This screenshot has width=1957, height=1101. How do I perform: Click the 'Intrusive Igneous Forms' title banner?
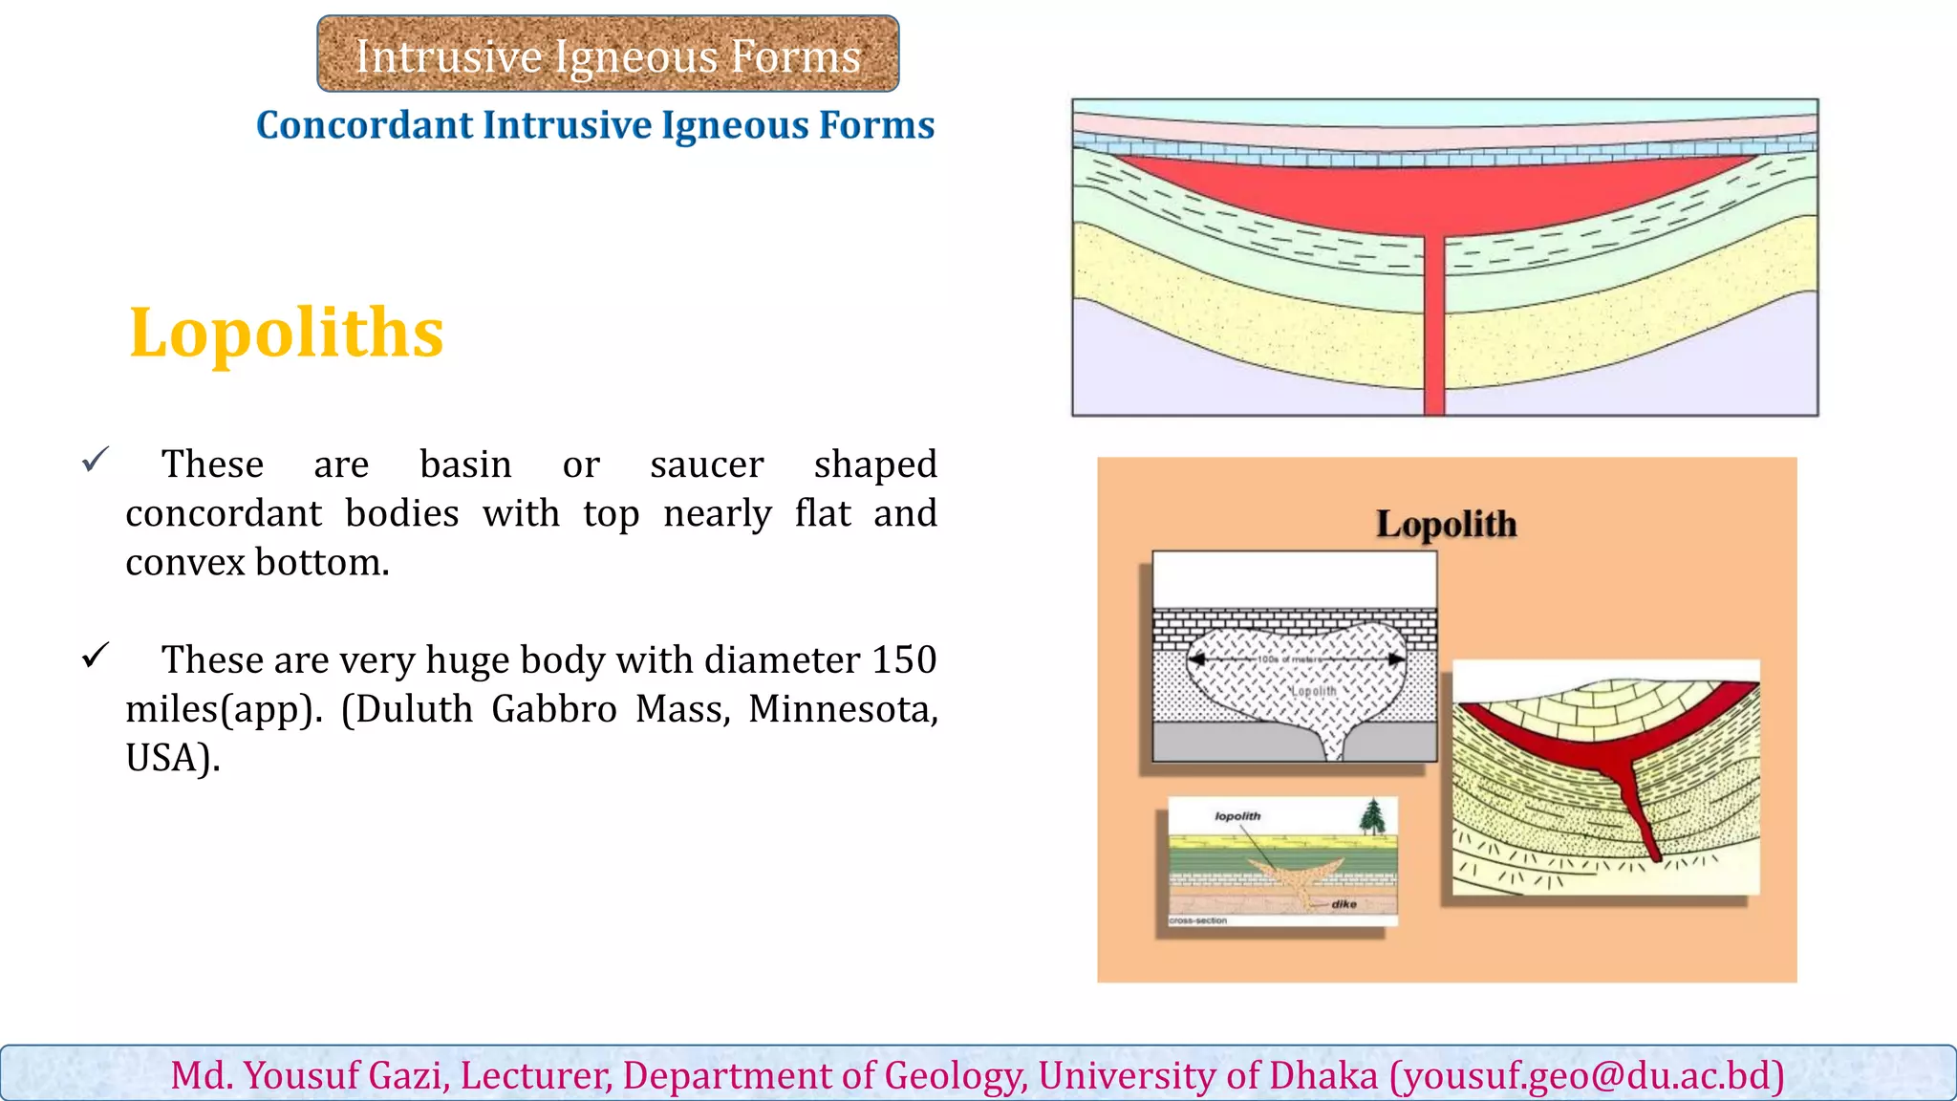608,54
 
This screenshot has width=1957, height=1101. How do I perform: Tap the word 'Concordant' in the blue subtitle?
365,125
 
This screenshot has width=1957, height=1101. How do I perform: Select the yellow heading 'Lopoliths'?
287,333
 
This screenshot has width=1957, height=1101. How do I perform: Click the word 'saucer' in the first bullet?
706,464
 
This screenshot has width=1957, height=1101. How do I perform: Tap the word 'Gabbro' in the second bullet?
554,709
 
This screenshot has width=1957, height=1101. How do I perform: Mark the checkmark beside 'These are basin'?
96,460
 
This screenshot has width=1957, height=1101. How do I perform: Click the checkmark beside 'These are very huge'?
96,656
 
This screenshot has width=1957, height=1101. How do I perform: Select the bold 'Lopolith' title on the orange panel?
1446,524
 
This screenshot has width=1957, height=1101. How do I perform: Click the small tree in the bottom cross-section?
1372,816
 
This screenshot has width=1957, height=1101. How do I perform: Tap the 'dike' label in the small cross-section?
1344,904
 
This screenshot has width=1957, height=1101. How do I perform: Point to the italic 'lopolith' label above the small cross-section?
1237,816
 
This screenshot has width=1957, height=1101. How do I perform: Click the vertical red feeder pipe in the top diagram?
1433,325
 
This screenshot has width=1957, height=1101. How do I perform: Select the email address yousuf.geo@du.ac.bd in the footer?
1587,1076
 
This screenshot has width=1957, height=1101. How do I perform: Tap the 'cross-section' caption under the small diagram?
1198,920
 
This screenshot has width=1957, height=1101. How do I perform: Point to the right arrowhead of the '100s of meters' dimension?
1397,658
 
